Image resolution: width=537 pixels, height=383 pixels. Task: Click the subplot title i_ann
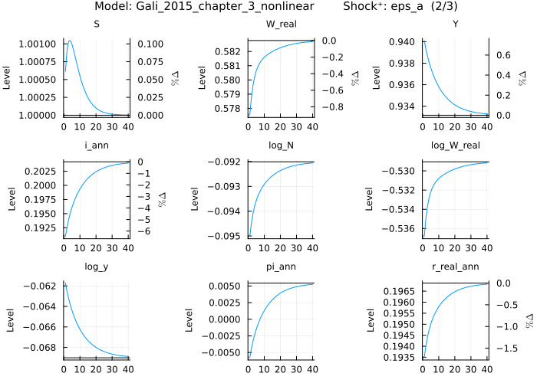[x=96, y=145]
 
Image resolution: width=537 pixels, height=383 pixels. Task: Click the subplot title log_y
[x=96, y=266]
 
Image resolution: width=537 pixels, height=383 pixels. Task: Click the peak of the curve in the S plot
[x=70, y=41]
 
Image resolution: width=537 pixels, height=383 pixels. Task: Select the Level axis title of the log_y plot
[x=8, y=320]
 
